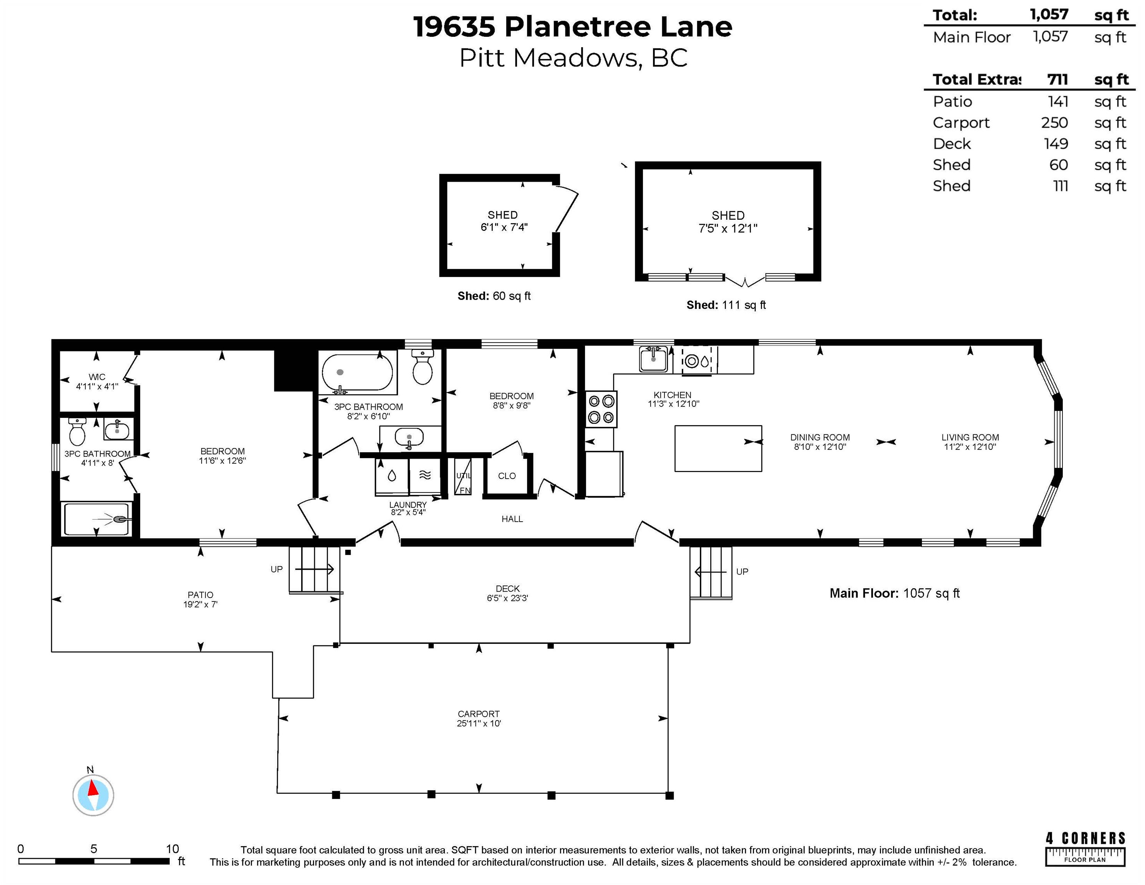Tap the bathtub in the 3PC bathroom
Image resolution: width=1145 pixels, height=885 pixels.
click(357, 373)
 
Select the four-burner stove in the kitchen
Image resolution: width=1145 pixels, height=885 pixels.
click(601, 409)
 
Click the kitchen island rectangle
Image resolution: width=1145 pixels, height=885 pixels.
click(718, 448)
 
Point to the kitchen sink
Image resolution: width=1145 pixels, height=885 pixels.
click(653, 359)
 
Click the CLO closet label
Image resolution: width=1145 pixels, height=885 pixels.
click(507, 476)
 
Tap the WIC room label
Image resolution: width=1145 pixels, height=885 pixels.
click(97, 377)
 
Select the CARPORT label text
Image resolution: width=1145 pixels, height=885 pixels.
click(479, 714)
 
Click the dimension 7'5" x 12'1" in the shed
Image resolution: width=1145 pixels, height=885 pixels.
click(728, 229)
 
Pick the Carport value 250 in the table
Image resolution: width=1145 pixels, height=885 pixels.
click(1054, 123)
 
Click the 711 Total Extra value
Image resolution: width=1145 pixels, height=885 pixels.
click(1057, 80)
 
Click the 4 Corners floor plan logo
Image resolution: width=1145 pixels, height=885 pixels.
click(1085, 849)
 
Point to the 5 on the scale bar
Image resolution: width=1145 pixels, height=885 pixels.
click(94, 849)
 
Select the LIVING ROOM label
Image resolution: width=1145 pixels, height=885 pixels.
click(970, 437)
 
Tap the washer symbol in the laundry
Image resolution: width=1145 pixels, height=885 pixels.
click(392, 476)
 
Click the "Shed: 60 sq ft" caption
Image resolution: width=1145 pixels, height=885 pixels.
click(494, 296)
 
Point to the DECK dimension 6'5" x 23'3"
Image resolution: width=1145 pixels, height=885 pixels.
click(507, 598)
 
